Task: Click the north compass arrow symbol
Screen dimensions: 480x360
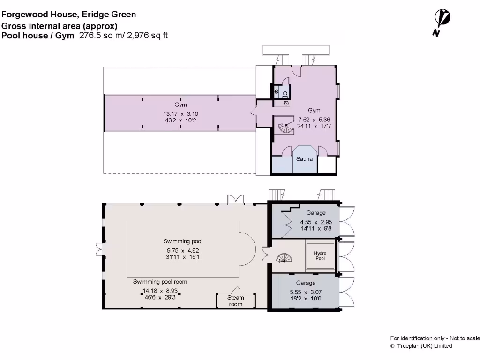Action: pos(442,22)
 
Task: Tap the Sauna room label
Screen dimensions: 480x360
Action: pos(304,159)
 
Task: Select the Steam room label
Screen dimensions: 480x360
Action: pos(236,300)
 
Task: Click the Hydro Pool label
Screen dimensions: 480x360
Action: pos(320,255)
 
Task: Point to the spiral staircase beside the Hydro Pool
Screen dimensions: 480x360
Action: pos(284,258)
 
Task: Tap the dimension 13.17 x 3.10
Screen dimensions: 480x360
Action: pos(180,114)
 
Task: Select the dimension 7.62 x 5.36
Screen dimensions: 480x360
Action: pos(314,120)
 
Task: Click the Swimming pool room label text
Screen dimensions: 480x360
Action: pos(160,282)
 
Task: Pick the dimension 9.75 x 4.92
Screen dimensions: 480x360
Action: pos(183,250)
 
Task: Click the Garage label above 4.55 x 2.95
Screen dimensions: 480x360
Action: pos(316,213)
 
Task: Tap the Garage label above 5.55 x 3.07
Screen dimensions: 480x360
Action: pos(306,283)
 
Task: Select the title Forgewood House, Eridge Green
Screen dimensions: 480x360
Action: pos(68,15)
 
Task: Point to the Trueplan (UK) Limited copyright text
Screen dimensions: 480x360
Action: pos(421,346)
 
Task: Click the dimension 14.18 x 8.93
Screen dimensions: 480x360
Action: pos(160,291)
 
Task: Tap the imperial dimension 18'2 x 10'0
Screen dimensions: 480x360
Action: pos(306,299)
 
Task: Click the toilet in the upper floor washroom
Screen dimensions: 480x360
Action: pos(285,94)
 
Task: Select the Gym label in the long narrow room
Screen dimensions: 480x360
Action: pos(180,105)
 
